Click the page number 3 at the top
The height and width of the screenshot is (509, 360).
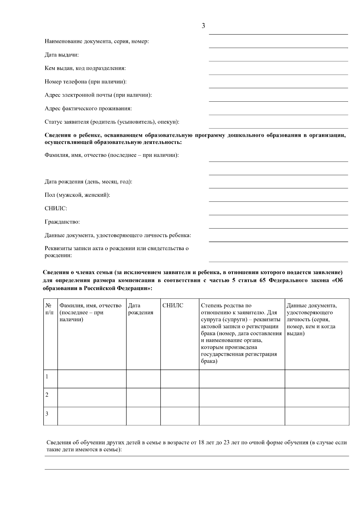[x=203, y=26]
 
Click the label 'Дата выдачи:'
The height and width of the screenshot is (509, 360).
[x=62, y=55]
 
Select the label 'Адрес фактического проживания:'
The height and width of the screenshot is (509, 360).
[x=88, y=109]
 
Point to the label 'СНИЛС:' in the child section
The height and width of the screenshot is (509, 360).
[x=56, y=208]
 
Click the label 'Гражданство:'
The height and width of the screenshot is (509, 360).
[x=62, y=222]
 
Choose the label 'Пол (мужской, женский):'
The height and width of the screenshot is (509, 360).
[x=77, y=195]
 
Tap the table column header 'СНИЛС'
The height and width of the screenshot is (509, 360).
[x=172, y=306]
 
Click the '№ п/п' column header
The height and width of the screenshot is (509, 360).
[x=50, y=309]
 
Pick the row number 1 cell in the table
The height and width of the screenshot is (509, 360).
[x=50, y=379]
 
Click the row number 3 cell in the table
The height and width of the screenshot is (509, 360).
[x=50, y=416]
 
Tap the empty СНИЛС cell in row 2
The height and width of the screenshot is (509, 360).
[x=179, y=397]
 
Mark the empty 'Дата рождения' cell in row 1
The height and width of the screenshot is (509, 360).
[x=143, y=379]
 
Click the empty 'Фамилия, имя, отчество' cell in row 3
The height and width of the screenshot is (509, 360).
[x=91, y=416]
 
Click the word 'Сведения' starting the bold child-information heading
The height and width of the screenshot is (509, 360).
[x=56, y=135]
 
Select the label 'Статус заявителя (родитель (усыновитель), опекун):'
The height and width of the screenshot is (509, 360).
[x=112, y=122]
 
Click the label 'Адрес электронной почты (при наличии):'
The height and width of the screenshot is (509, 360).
[x=98, y=95]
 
